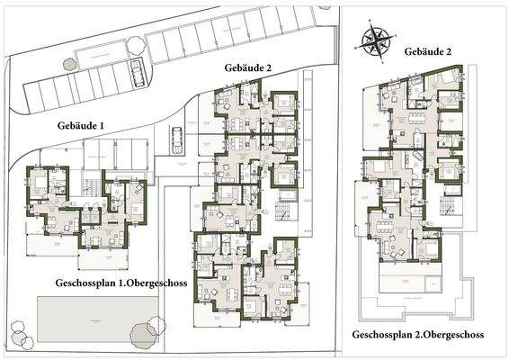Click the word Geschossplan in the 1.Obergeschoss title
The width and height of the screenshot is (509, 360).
click(84, 282)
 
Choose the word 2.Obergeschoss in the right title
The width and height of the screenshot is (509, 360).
click(447, 335)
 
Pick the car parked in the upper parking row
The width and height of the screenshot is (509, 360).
click(137, 74)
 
